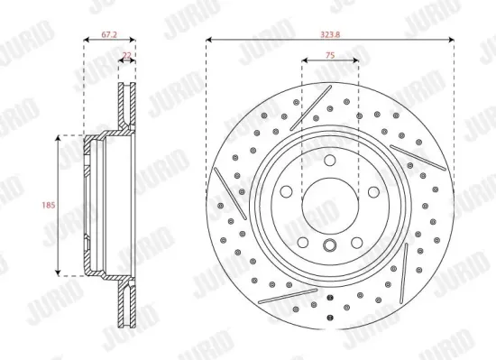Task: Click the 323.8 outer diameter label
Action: tap(330, 34)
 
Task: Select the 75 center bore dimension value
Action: tap(330, 55)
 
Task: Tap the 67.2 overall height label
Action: tap(109, 34)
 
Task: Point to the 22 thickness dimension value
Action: tap(126, 55)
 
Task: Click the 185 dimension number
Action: tap(49, 206)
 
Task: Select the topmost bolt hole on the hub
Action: tap(330, 160)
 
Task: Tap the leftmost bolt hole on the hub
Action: tap(286, 191)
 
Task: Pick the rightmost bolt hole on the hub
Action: tap(373, 191)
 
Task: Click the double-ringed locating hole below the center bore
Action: tap(330, 245)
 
